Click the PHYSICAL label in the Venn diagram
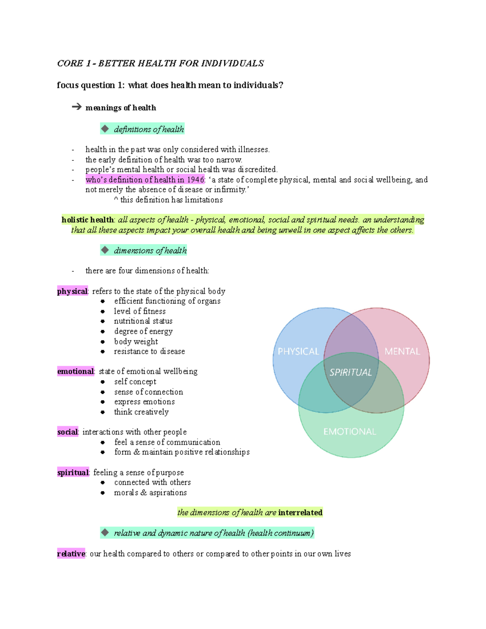tap(298, 351)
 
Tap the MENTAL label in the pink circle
tap(402, 351)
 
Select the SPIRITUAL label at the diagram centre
tap(350, 372)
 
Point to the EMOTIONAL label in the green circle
tap(350, 432)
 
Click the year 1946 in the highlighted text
tap(196, 179)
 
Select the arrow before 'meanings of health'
tap(77, 107)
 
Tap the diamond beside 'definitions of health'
tap(105, 129)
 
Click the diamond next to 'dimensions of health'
tap(105, 250)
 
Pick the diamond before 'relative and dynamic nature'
tap(105, 533)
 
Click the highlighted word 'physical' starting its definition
tap(72, 291)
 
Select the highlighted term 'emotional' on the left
tap(75, 371)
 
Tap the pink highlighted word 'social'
tap(67, 432)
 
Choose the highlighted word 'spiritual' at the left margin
tap(73, 472)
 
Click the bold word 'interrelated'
tap(300, 512)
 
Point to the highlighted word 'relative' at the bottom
tap(71, 554)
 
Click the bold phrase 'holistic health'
tap(87, 220)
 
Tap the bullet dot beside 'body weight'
tap(103, 342)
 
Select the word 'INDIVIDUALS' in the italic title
tap(232, 63)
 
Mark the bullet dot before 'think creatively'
tap(103, 412)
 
